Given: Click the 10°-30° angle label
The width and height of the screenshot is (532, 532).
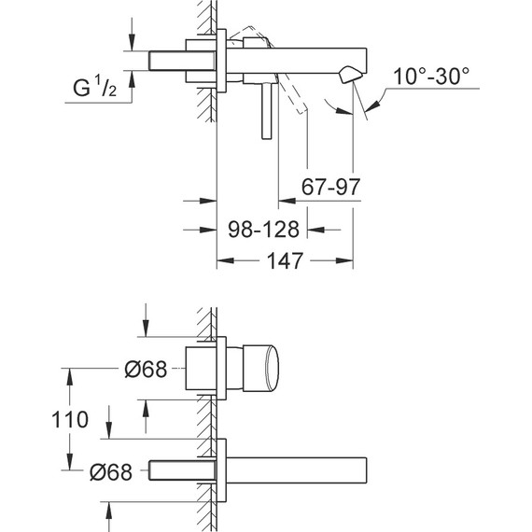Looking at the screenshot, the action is point(431,76).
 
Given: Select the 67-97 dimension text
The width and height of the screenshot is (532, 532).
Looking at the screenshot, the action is point(330,187).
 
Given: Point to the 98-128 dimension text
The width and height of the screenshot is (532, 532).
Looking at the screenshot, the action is point(263,230).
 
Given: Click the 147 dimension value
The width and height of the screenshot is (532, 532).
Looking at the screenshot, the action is point(285,260).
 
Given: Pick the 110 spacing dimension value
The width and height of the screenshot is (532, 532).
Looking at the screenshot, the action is point(70,419).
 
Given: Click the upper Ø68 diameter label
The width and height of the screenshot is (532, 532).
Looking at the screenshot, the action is point(146,369).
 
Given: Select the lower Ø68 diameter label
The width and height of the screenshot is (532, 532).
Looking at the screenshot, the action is point(111,471).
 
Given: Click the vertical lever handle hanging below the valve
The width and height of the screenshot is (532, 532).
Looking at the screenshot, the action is point(267,111).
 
